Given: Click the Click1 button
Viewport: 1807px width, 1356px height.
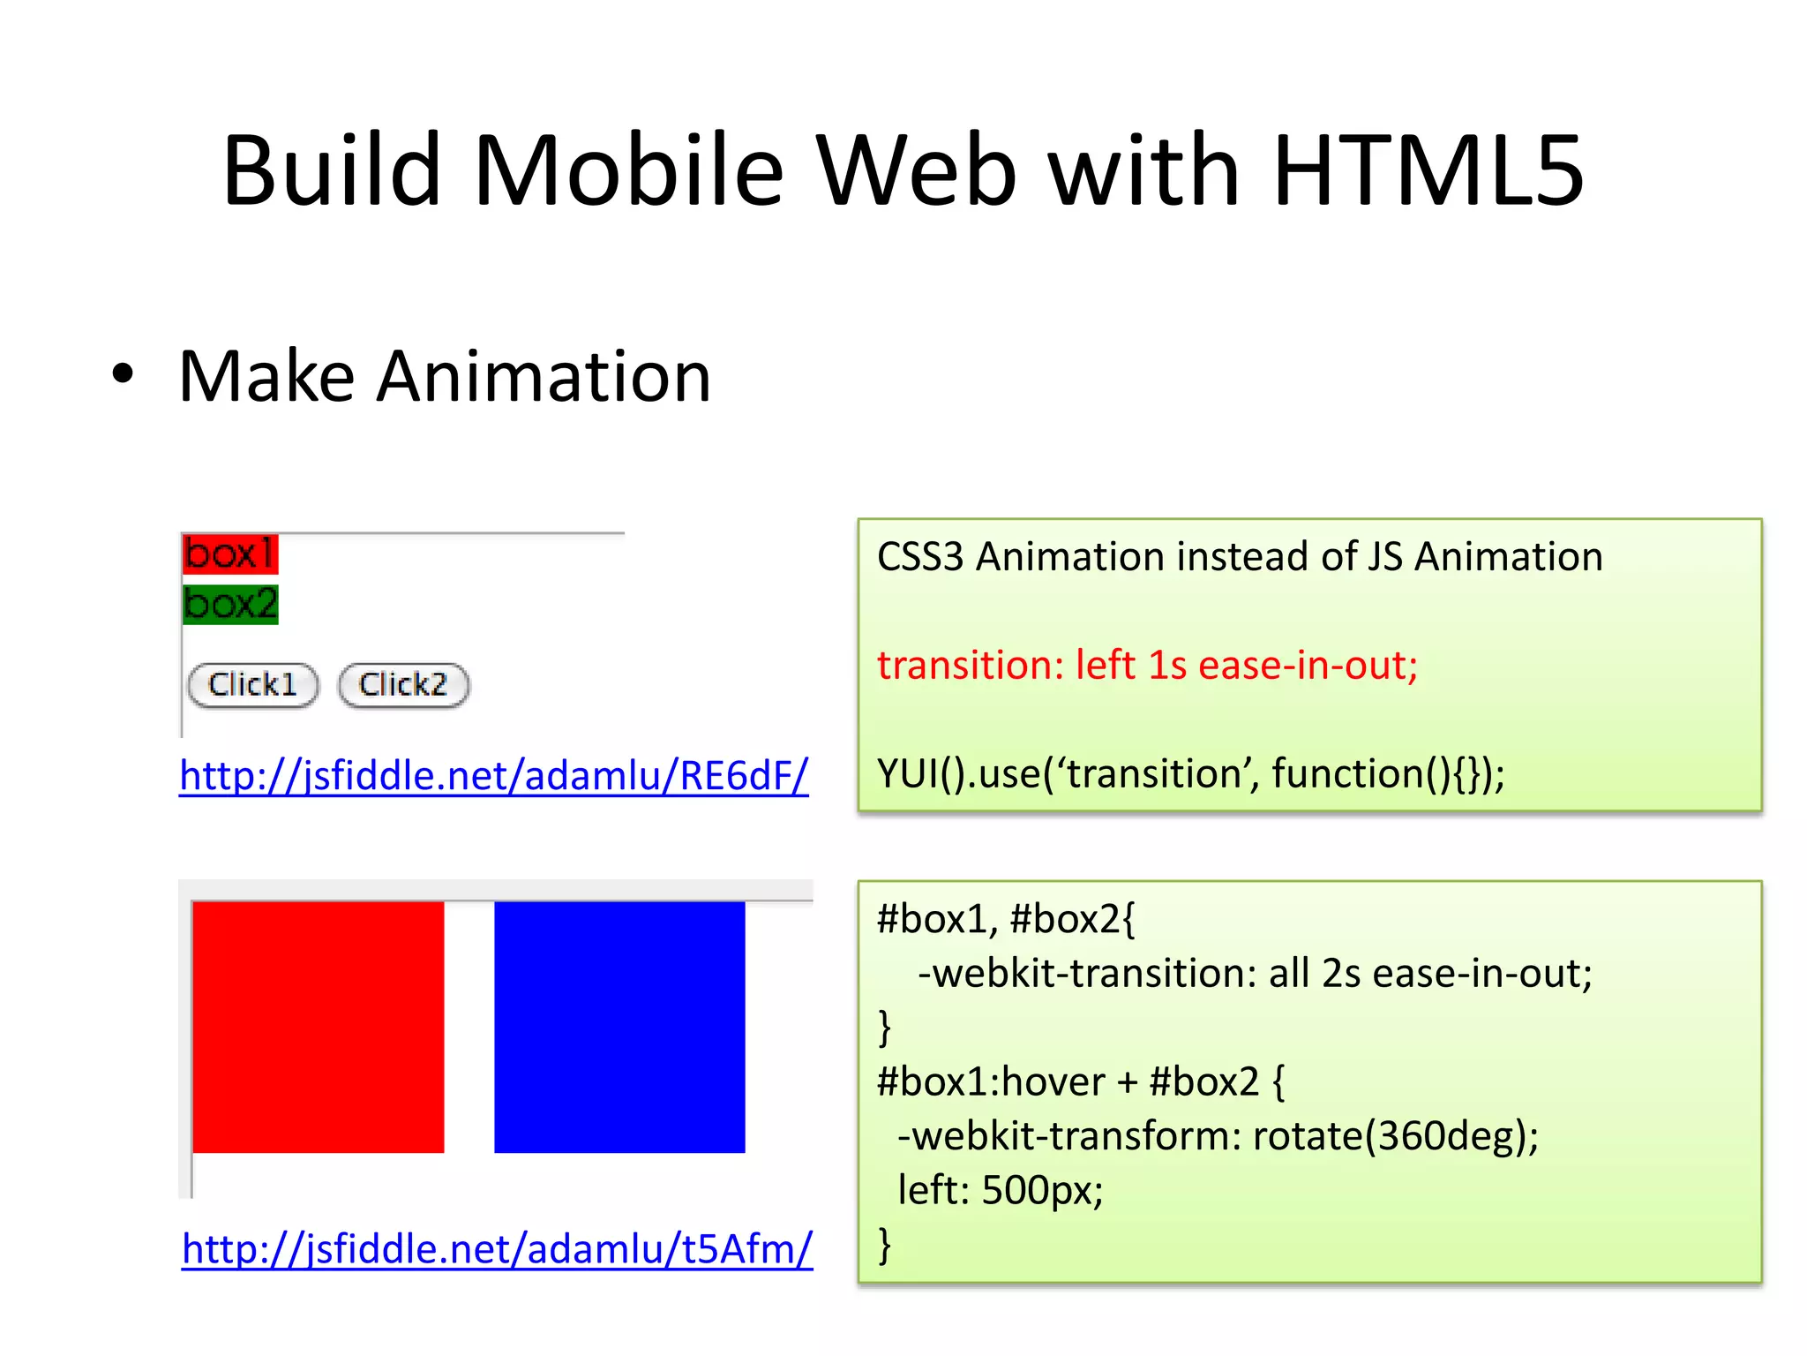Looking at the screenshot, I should pos(253,685).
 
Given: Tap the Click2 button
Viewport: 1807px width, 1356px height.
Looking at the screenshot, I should pos(403,685).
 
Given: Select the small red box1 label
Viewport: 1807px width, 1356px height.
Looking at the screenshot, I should pos(230,554).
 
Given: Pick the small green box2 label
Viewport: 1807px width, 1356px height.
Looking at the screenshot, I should pos(230,605).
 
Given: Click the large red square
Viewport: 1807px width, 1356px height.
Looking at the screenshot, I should pos(318,1027).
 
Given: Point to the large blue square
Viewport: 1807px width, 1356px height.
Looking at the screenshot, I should pos(619,1027).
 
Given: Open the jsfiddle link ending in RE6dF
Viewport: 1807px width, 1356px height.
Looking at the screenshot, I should pos(493,775).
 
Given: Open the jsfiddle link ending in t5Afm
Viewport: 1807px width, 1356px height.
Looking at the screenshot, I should pos(497,1248).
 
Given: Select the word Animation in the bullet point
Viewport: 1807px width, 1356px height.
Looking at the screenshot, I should pos(544,377).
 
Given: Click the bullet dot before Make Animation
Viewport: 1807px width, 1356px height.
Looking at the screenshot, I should pos(124,374).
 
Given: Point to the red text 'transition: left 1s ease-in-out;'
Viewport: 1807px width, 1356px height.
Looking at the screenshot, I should pos(1147,665).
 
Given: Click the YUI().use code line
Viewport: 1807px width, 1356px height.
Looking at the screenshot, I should pos(1190,773).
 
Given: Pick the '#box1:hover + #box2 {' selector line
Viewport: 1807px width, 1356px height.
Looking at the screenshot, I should pos(1081,1081).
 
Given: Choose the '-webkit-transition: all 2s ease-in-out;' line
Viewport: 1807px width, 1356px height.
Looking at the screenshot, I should pos(1255,973).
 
